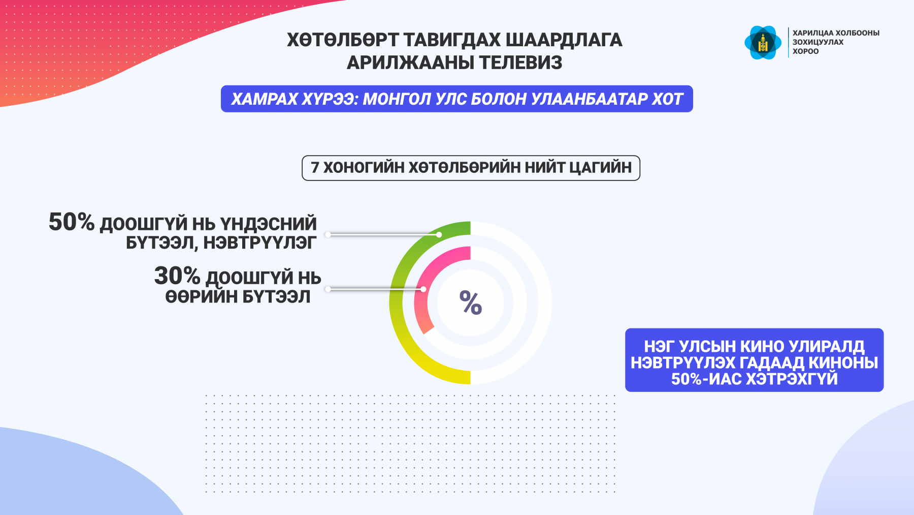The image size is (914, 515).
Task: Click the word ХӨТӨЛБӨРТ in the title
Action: click(x=343, y=40)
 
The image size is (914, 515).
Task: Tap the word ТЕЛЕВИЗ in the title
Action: click(x=520, y=63)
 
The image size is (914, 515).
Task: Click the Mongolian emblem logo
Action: click(x=763, y=43)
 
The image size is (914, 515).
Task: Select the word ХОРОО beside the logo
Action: click(x=806, y=51)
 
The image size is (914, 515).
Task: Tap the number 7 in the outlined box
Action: click(x=315, y=167)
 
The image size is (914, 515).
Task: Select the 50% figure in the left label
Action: click(x=72, y=222)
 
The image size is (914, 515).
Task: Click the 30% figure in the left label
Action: click(x=177, y=276)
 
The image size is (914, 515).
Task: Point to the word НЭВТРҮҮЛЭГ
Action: click(x=260, y=243)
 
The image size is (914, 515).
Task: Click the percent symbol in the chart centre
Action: click(x=471, y=303)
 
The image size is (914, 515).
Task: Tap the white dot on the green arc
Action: click(x=439, y=234)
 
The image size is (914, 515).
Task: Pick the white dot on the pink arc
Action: click(x=423, y=289)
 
